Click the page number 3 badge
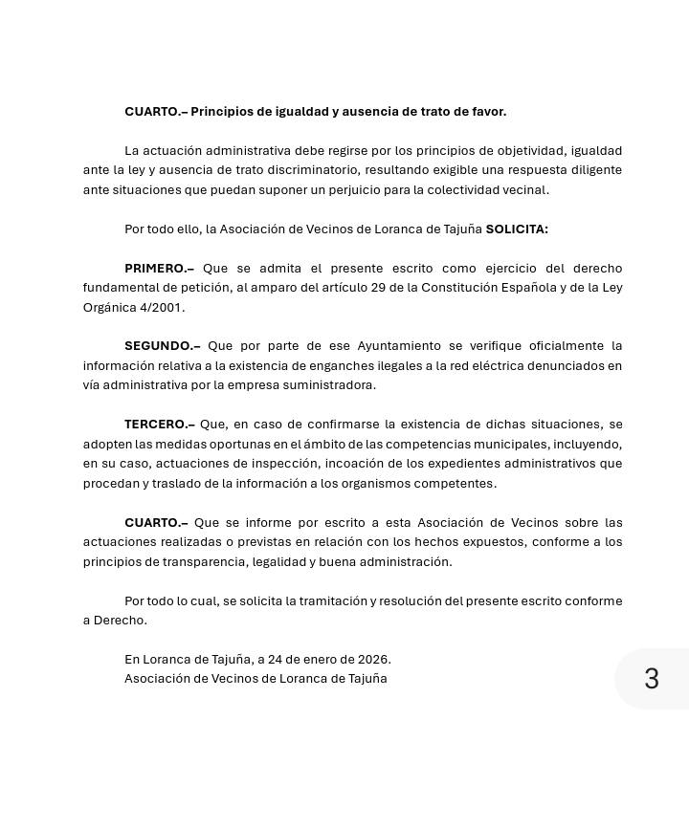[652, 679]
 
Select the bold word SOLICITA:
[517, 229]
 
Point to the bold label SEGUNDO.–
[162, 346]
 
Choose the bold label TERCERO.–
[159, 425]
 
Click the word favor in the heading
[487, 112]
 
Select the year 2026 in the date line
[373, 660]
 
